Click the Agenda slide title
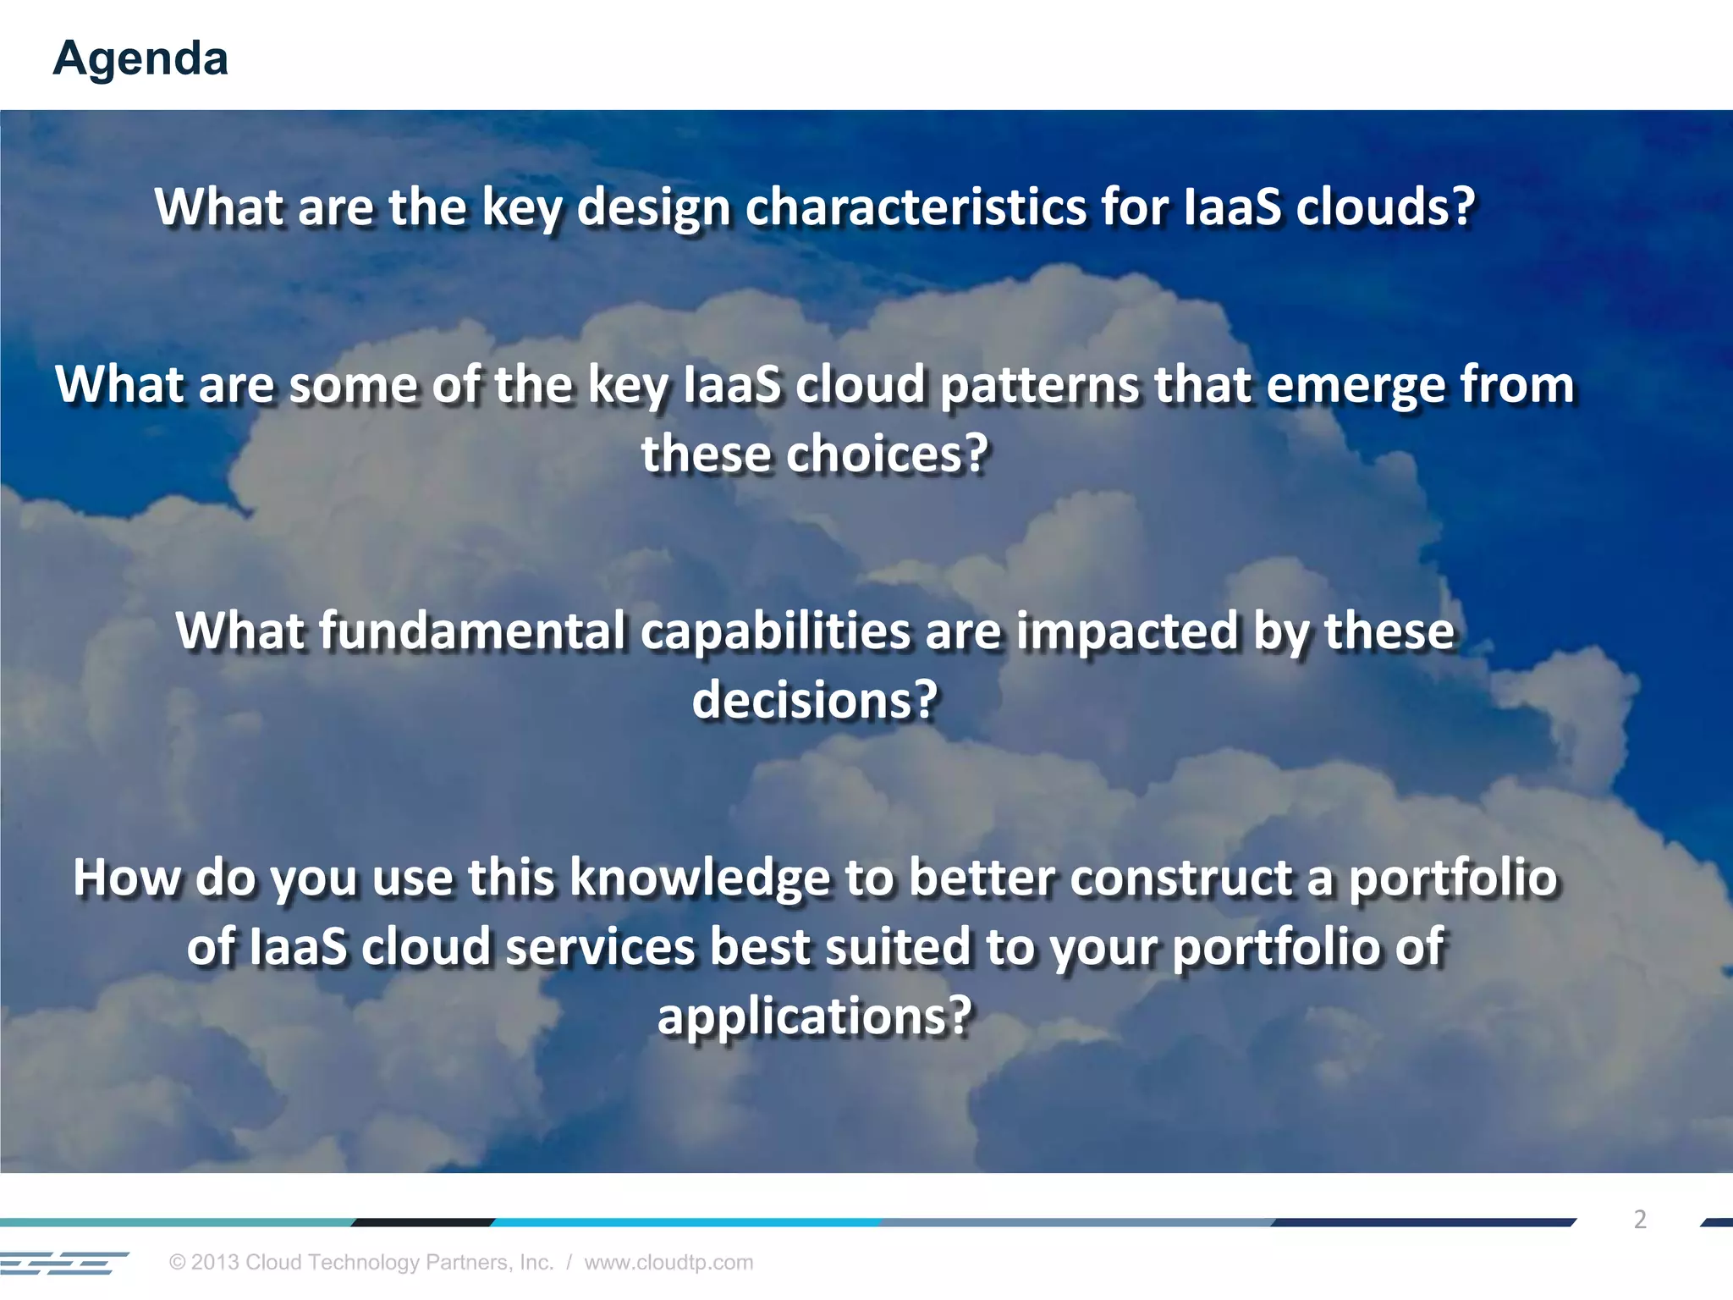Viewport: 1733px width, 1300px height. [140, 58]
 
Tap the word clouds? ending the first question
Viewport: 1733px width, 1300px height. [1385, 207]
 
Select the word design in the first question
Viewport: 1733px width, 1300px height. [652, 208]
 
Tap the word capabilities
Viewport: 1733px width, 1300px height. [774, 631]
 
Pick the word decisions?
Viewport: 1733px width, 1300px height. [816, 701]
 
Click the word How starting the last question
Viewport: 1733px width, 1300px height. [126, 879]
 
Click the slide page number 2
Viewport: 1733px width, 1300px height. [1640, 1220]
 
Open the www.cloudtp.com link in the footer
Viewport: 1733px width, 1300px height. [668, 1262]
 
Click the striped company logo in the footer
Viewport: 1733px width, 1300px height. [63, 1263]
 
